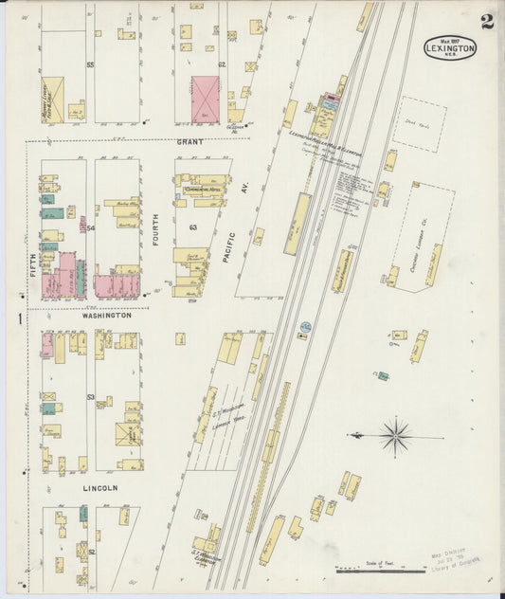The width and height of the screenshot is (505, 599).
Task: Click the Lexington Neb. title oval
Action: click(450, 47)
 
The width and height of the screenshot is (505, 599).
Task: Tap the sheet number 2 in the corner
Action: click(486, 22)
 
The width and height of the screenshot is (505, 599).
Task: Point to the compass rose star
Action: click(395, 437)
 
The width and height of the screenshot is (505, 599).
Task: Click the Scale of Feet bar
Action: click(380, 570)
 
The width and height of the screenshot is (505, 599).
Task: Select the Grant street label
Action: click(189, 141)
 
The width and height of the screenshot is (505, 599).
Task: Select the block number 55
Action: click(91, 65)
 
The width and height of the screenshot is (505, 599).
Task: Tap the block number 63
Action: click(192, 228)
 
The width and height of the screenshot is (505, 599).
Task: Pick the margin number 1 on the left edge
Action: click(19, 319)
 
